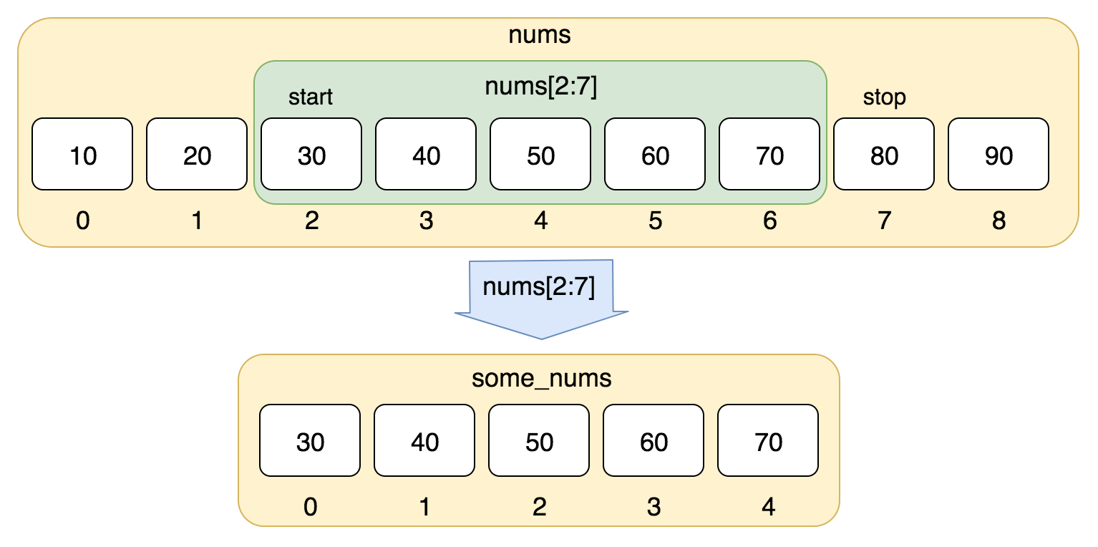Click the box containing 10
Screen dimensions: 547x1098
pos(82,154)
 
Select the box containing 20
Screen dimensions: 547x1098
pos(197,154)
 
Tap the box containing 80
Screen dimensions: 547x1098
pos(884,154)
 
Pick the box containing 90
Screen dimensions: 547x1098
pos(999,154)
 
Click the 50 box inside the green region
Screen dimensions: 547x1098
pos(540,154)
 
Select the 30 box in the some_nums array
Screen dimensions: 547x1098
pos(310,440)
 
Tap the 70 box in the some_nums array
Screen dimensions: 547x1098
pos(768,440)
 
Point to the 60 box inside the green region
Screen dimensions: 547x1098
pos(655,154)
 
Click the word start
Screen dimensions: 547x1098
pos(311,97)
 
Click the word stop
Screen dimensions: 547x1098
pos(884,97)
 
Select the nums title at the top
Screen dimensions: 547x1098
pos(540,35)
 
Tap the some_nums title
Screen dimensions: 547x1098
pos(542,377)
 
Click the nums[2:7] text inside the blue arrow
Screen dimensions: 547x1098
pos(539,287)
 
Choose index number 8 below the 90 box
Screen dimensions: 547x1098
pos(999,221)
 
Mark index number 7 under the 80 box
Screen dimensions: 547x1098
pos(884,221)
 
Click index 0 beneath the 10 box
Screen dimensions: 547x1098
pos(82,221)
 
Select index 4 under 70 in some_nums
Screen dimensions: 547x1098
pos(768,507)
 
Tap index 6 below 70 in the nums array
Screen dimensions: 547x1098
pos(769,221)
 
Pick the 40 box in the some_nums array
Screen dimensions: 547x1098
pos(424,440)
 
